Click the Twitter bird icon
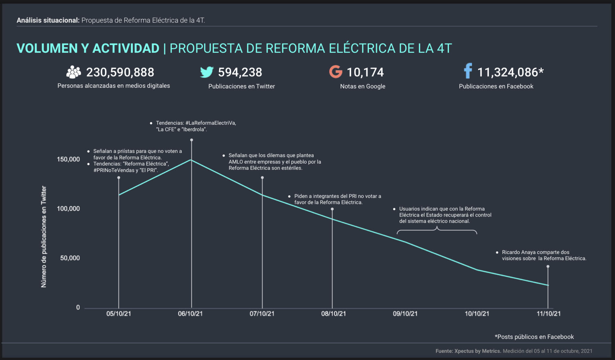(x=207, y=72)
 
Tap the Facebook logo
(x=468, y=71)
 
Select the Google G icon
(x=336, y=72)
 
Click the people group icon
(x=74, y=72)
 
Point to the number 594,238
(x=240, y=72)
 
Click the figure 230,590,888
(x=120, y=72)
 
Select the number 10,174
(x=365, y=72)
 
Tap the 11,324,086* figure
(x=510, y=72)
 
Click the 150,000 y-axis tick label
(x=68, y=159)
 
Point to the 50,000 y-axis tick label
(x=70, y=258)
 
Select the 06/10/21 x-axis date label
(x=190, y=314)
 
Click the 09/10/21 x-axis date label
(x=405, y=314)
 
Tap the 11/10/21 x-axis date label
(x=549, y=314)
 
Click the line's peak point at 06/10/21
(x=191, y=160)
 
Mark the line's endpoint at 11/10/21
(x=548, y=285)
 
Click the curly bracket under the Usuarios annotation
(x=437, y=230)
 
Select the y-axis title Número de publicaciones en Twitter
(x=44, y=237)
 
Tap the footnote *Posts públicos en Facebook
(x=534, y=337)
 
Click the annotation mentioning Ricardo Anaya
(x=544, y=255)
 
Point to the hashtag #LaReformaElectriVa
(x=210, y=123)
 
